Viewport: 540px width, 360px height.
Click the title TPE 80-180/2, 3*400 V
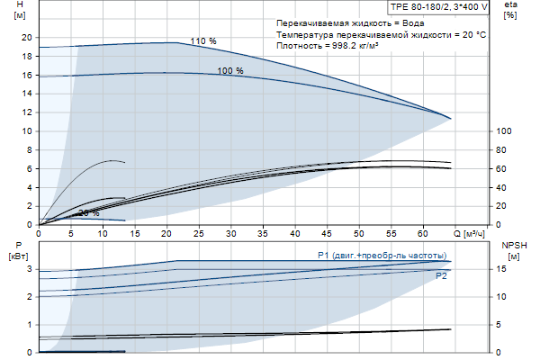point(439,6)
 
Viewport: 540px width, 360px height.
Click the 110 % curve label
point(203,41)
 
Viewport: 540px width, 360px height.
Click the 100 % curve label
point(230,70)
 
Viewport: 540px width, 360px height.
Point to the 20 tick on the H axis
point(26,37)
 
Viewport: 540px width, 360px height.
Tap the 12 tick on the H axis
point(26,112)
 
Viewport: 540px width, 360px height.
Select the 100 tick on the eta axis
point(504,131)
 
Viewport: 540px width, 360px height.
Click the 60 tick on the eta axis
point(501,169)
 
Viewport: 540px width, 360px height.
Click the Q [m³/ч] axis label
point(469,233)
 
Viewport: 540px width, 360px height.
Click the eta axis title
point(510,10)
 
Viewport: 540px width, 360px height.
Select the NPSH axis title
point(511,249)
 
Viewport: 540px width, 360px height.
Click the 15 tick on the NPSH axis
point(501,269)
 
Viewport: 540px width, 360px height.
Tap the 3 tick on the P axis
point(29,269)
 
